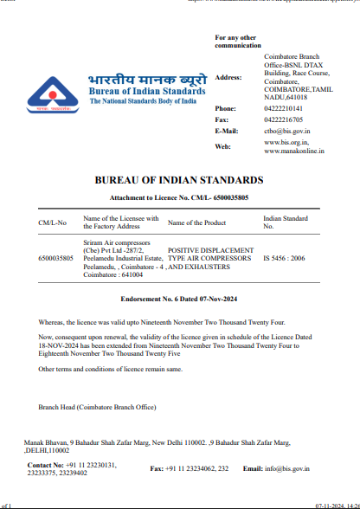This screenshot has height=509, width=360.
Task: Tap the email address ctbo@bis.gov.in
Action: [x=286, y=131]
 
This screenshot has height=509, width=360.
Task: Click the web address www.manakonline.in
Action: [x=294, y=151]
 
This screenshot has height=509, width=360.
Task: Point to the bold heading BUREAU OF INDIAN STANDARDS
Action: [x=178, y=180]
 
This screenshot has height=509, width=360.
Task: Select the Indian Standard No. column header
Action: [x=285, y=223]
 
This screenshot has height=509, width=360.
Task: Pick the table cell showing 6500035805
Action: [x=57, y=258]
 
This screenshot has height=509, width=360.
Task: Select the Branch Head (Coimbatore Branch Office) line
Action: [x=97, y=406]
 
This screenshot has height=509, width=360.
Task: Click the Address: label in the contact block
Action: [x=228, y=77]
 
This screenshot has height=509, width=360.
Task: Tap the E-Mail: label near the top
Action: [x=226, y=131]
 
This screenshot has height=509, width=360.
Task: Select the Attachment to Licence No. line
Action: [x=178, y=198]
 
